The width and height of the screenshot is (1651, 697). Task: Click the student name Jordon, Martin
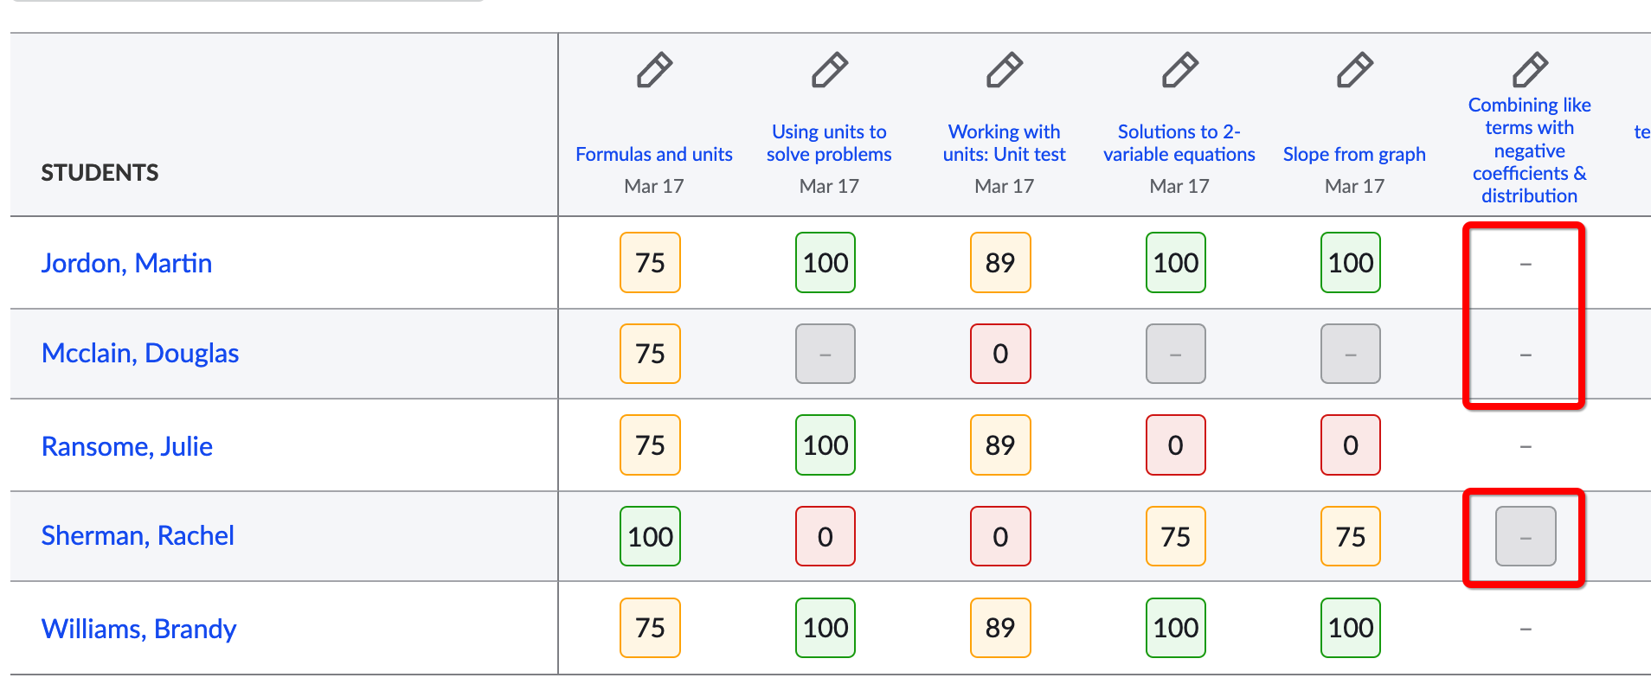[126, 263]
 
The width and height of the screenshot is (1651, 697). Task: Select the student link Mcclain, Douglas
[140, 353]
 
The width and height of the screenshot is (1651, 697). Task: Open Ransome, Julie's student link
[127, 446]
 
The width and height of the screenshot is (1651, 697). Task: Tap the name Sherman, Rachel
[138, 535]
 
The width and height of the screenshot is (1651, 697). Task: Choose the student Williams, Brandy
[138, 629]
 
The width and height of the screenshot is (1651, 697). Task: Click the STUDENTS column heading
[100, 173]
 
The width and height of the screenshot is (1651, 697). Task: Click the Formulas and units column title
[654, 154]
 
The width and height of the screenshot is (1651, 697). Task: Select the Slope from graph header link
[1354, 154]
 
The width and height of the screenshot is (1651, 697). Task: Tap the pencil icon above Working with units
[1005, 70]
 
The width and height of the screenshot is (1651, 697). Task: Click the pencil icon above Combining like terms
[1530, 70]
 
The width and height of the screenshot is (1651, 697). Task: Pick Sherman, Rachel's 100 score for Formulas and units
[651, 536]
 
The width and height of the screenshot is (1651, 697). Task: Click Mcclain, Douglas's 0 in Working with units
[1000, 354]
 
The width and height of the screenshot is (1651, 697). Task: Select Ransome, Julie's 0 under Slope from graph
[1351, 445]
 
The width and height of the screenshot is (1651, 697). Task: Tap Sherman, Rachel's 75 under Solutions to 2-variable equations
[1176, 536]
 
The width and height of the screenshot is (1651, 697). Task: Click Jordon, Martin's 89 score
[1000, 263]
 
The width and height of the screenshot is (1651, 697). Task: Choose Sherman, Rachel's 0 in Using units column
[825, 536]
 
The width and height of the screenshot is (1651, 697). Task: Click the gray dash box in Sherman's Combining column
[1526, 536]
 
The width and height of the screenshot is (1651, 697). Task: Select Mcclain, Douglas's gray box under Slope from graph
[1351, 354]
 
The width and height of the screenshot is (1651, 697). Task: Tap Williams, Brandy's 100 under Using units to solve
[825, 628]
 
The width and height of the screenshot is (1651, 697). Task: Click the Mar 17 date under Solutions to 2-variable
[1179, 186]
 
